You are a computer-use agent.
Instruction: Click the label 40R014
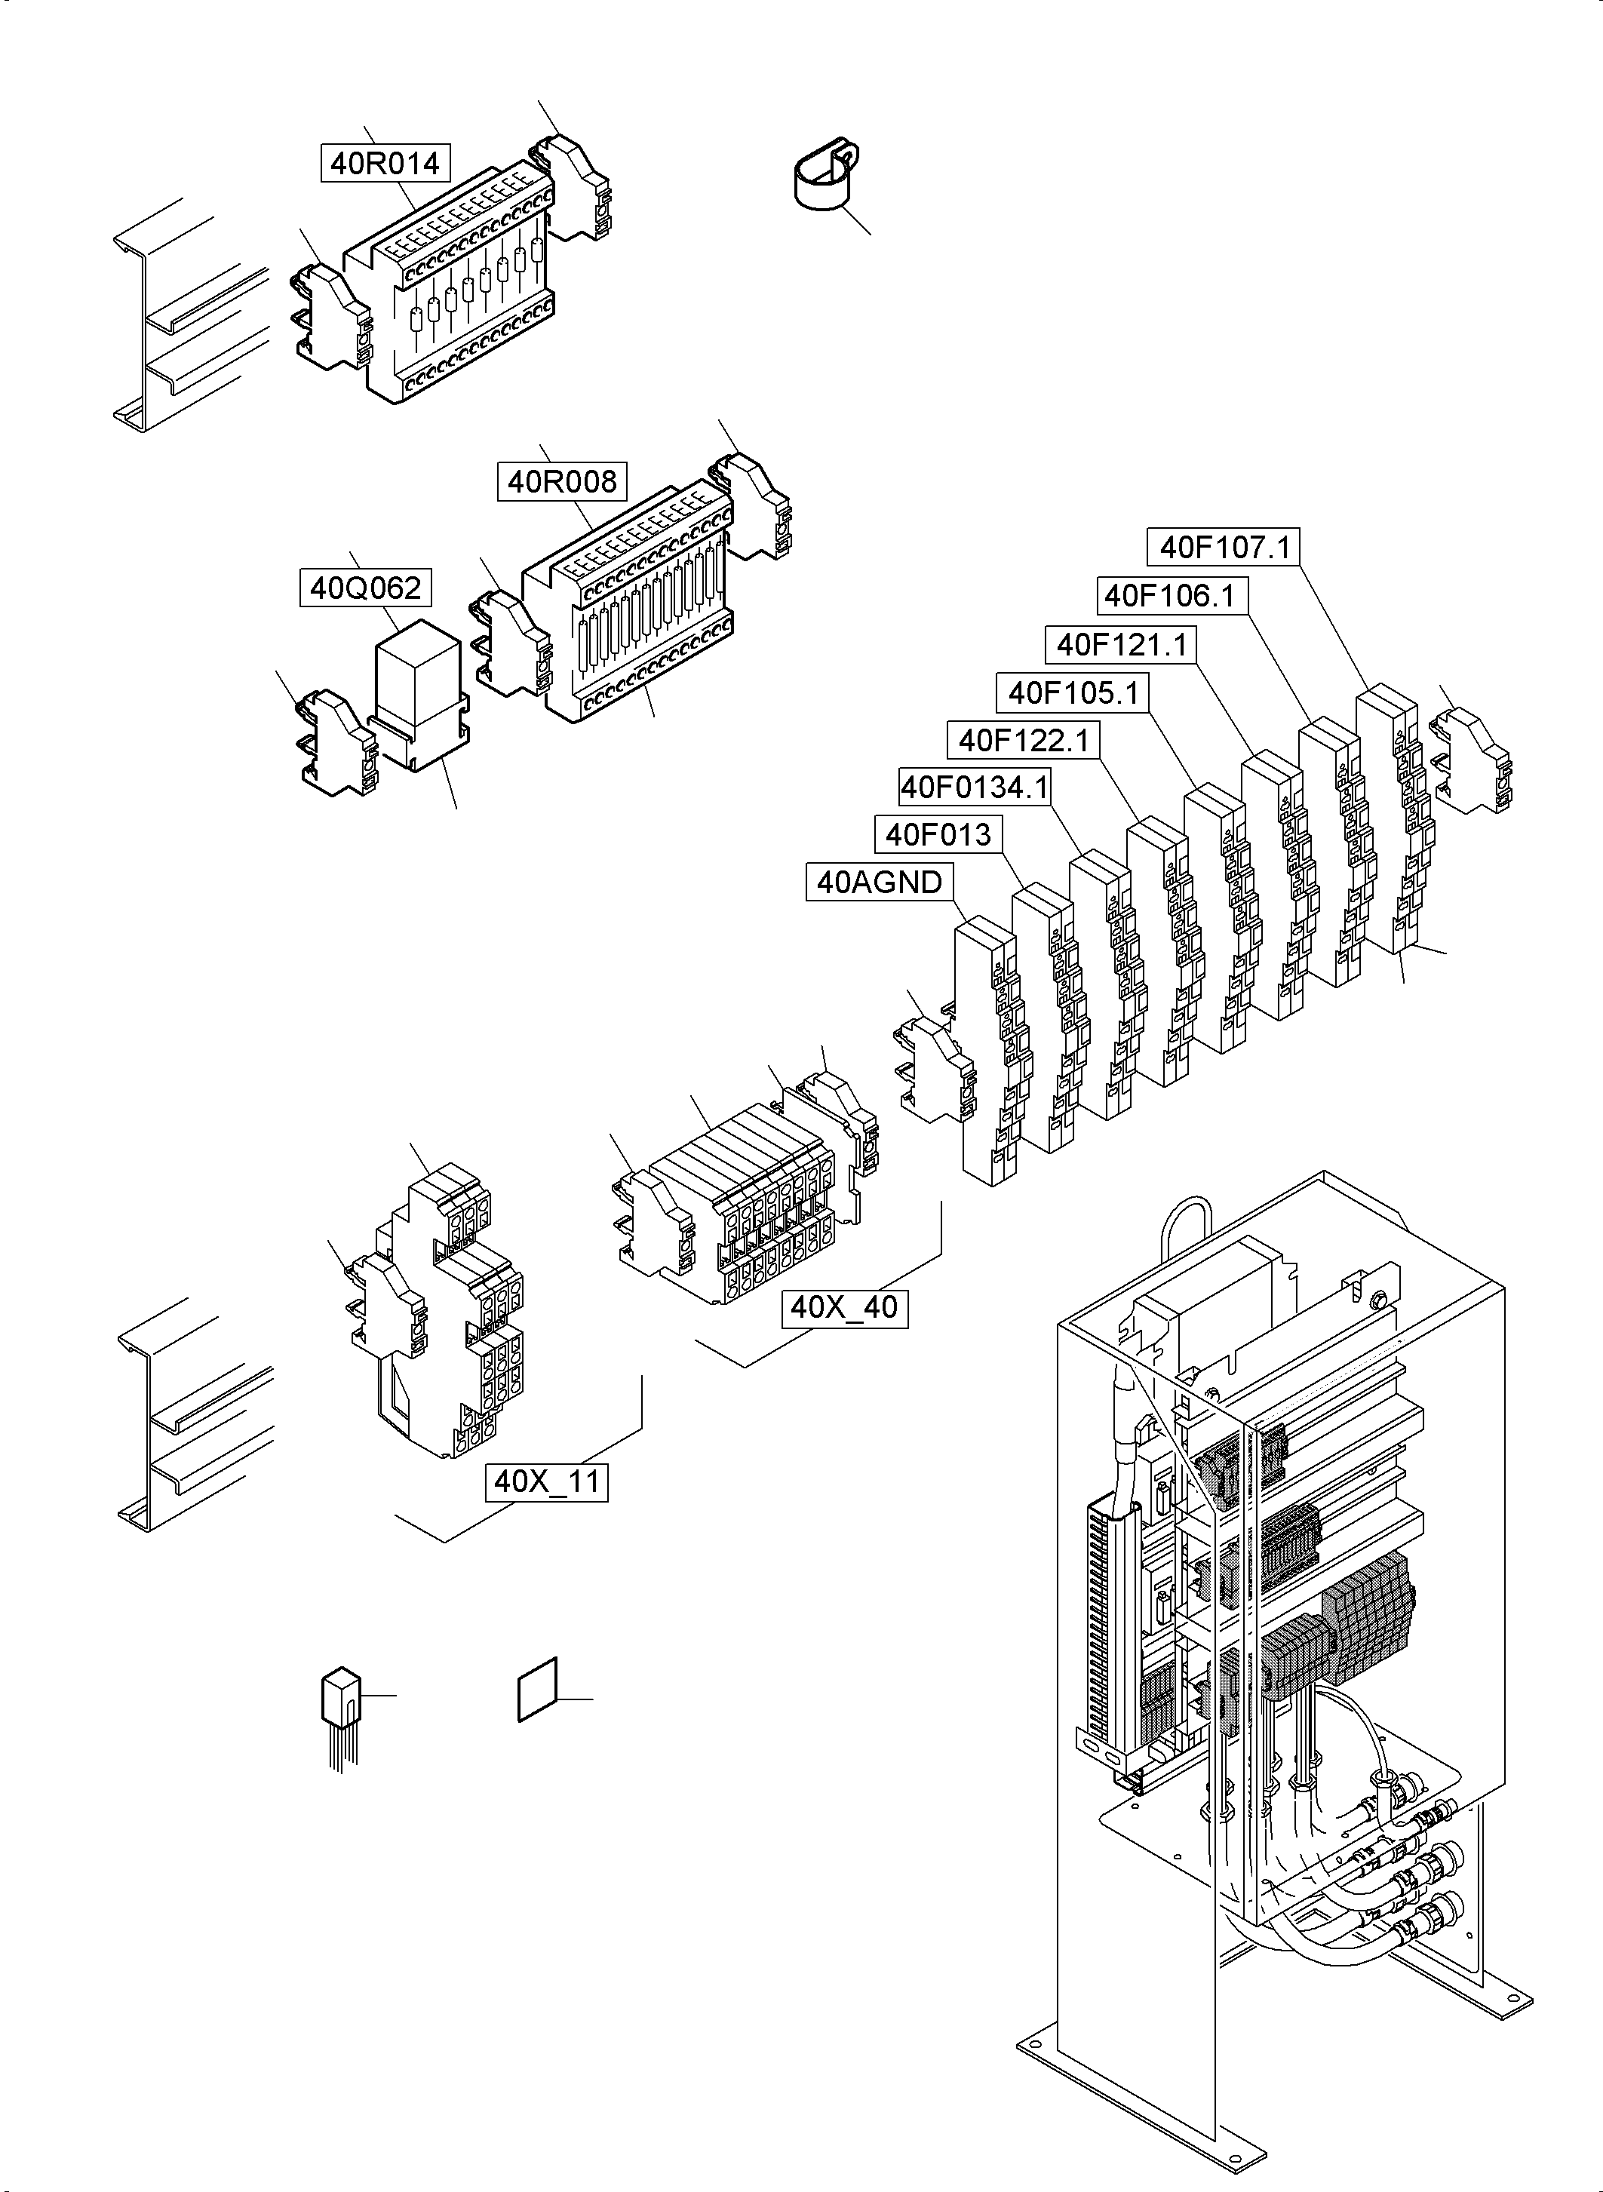click(x=385, y=163)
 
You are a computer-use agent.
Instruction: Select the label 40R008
click(x=562, y=481)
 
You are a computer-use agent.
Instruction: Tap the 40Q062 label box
click(x=365, y=588)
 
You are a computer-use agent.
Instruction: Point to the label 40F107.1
click(x=1224, y=548)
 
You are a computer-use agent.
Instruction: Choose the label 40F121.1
click(x=1122, y=644)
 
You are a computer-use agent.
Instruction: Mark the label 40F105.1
click(x=1073, y=692)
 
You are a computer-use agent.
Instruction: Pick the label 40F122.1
click(x=1024, y=741)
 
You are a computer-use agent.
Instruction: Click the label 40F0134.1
click(x=975, y=787)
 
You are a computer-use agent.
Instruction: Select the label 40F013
click(x=938, y=834)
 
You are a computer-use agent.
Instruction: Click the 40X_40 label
click(x=844, y=1307)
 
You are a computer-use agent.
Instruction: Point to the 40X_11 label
click(x=547, y=1481)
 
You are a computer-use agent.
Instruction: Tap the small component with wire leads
click(x=339, y=1698)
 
